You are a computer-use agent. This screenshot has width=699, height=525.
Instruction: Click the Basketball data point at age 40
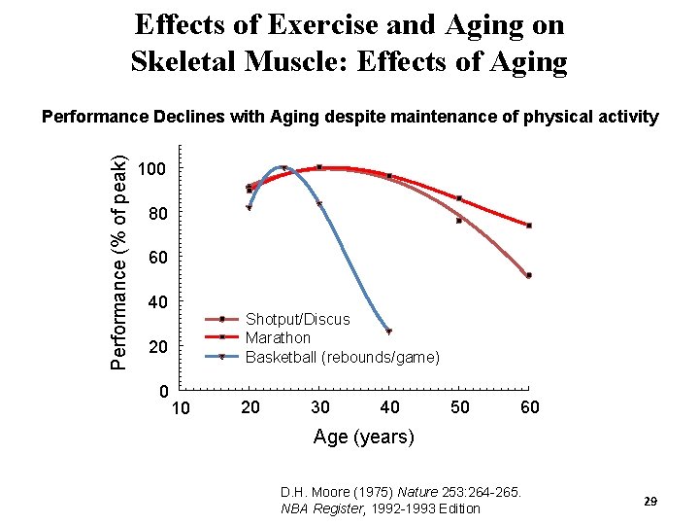(388, 332)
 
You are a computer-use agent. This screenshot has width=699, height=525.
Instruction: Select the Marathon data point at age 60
(529, 226)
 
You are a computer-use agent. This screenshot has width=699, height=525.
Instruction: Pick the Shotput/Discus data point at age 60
(529, 275)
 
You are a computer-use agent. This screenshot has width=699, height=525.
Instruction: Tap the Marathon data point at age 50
(459, 198)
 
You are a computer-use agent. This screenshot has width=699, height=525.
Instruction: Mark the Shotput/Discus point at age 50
(459, 221)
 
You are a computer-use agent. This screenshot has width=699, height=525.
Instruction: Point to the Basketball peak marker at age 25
(283, 168)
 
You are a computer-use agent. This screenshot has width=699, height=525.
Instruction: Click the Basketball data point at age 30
(319, 204)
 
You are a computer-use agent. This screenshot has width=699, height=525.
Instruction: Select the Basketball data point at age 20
(250, 207)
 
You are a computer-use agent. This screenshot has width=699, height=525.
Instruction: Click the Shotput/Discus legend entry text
(297, 319)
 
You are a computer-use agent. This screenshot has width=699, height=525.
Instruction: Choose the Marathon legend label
(278, 337)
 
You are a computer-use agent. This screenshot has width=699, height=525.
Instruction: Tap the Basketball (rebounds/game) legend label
(342, 357)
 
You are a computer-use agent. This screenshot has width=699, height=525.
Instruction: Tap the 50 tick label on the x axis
(459, 407)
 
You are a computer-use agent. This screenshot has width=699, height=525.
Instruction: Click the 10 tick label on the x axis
(181, 407)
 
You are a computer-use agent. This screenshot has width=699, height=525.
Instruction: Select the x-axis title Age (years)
(363, 437)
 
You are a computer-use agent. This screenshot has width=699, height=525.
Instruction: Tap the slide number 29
(650, 501)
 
